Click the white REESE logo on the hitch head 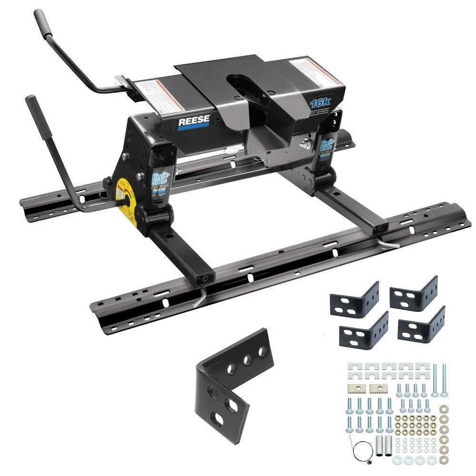pyautogui.click(x=194, y=121)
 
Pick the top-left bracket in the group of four pyautogui.click(x=354, y=299)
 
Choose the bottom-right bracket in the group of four pyautogui.click(x=421, y=326)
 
